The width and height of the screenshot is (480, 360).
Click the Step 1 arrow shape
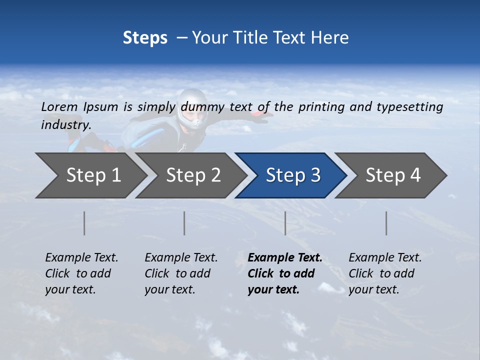point(92,175)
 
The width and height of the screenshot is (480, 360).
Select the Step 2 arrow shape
point(192,175)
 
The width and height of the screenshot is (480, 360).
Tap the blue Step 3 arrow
point(292,175)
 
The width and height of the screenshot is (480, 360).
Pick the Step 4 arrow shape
point(392,175)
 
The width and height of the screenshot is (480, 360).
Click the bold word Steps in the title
point(145,38)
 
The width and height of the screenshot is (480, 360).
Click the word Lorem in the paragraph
point(59,106)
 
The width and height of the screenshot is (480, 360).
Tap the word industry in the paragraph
point(66,124)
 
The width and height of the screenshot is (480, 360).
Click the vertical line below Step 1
point(84,223)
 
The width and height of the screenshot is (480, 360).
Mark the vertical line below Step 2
point(184,223)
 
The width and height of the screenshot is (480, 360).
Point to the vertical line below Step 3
point(285,223)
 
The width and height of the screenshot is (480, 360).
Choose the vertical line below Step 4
point(386,223)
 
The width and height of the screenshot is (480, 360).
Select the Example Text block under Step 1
point(81,273)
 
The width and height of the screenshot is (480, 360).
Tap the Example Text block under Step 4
point(384,273)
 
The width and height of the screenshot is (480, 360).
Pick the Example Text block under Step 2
point(181,273)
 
